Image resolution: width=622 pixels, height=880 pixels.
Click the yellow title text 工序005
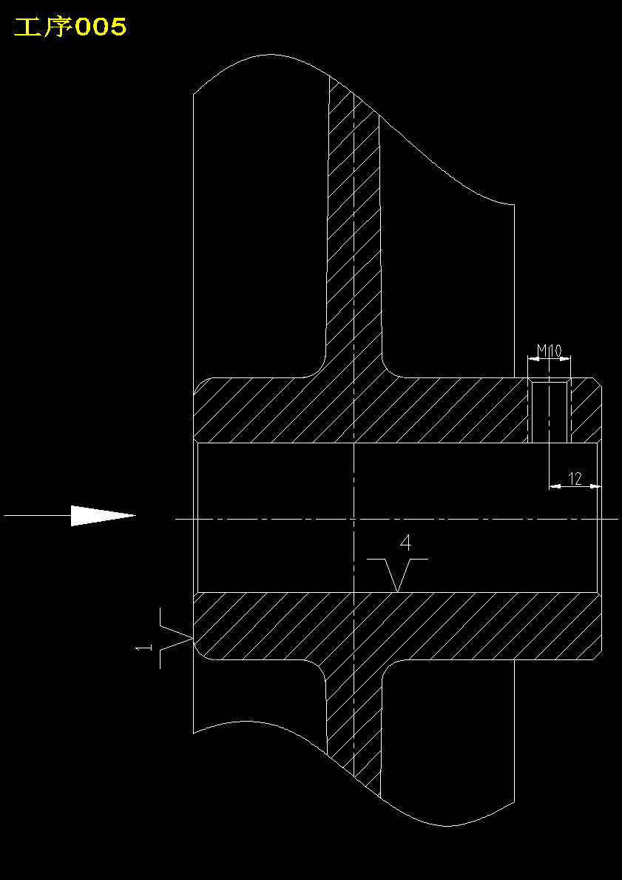70,27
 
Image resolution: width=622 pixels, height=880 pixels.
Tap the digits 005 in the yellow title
101,27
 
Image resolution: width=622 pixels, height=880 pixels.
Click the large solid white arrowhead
104,515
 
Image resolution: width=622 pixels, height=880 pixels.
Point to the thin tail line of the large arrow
38,514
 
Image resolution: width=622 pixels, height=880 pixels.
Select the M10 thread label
549,352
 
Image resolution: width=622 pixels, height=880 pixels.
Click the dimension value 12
575,478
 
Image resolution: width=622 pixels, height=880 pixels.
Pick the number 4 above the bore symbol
406,543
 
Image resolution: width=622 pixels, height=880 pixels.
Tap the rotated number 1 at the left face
144,648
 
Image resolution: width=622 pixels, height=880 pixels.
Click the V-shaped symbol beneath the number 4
398,572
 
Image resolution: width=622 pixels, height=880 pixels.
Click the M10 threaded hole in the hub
549,411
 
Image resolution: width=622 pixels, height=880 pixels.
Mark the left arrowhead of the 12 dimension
555,486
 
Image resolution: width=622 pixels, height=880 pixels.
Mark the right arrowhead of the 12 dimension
595,486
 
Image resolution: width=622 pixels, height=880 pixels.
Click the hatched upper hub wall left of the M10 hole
359,410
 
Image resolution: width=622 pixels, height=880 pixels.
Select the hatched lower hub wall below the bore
398,625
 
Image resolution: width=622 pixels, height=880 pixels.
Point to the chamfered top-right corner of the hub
598,382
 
